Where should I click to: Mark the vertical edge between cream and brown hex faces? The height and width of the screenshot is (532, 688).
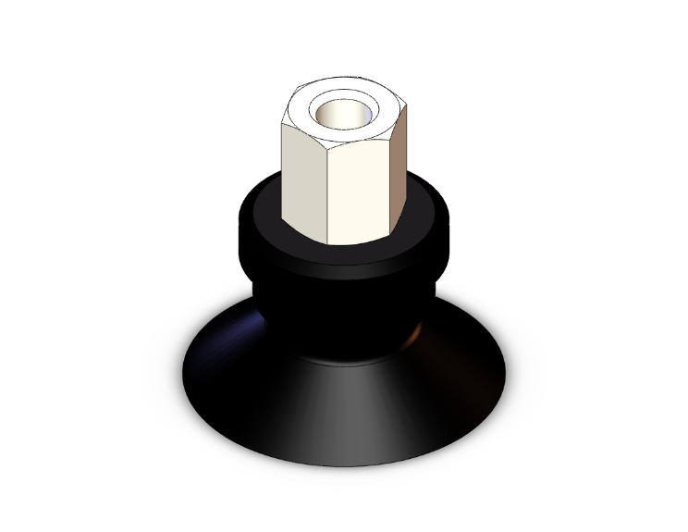[x=386, y=185]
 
